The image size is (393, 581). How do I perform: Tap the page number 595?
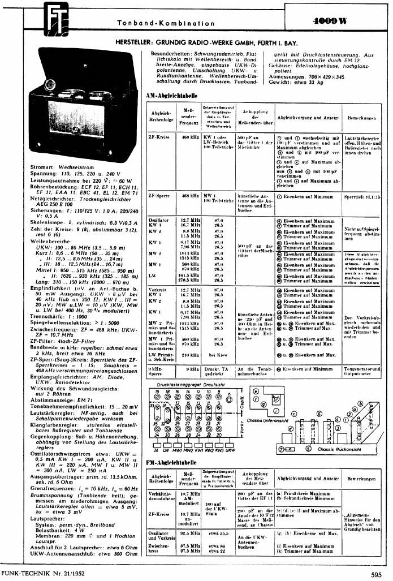click(x=376, y=575)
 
